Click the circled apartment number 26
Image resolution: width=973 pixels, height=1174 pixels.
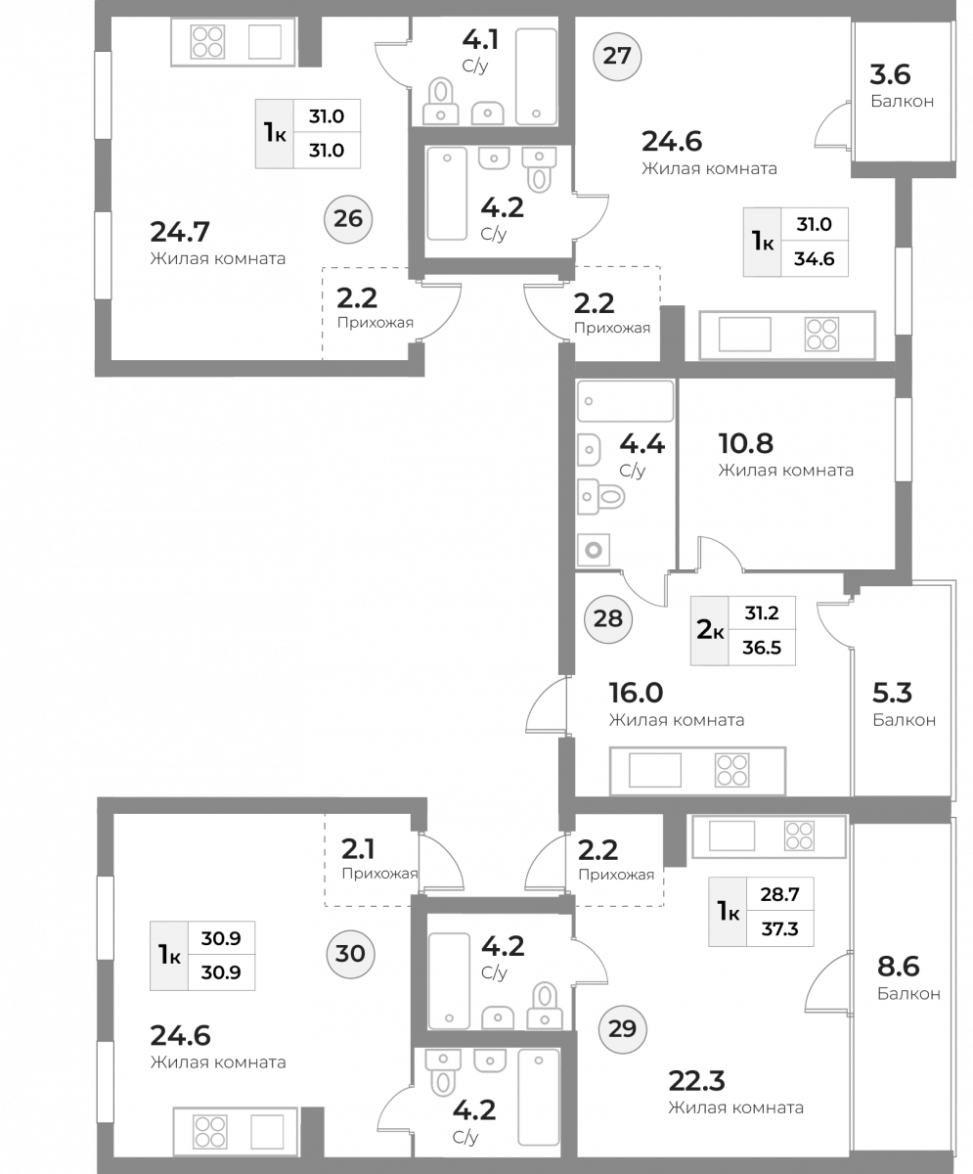pos(348,219)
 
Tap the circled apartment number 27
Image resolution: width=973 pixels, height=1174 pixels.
pos(617,56)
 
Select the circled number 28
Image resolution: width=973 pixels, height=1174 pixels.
pos(608,619)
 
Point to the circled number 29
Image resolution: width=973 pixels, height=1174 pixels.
pos(622,1029)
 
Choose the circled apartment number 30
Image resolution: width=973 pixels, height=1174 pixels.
pos(350,954)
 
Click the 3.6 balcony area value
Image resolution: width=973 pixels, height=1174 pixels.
pos(891,74)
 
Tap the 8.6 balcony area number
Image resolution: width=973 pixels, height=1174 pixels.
pos(899,967)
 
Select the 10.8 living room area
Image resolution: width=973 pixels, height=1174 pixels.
pos(746,443)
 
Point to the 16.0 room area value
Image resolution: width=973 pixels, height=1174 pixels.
pos(637,694)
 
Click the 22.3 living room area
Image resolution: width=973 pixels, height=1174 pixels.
pos(696,1081)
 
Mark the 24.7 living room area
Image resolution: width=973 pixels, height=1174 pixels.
pos(180,232)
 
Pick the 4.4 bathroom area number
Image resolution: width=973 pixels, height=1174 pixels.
pos(641,444)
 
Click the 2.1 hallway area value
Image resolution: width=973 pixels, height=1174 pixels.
pos(358,849)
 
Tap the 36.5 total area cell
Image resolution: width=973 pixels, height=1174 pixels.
pos(762,648)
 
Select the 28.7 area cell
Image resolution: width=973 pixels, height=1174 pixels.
pos(779,894)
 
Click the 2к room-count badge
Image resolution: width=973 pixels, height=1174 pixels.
pos(710,630)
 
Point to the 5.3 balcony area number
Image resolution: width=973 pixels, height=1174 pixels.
pos(892,694)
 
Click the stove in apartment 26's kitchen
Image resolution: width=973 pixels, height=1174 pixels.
pos(207,42)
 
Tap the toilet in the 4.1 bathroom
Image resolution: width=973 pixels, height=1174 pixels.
pos(441,101)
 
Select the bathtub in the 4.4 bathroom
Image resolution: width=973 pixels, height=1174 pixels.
pos(625,401)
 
